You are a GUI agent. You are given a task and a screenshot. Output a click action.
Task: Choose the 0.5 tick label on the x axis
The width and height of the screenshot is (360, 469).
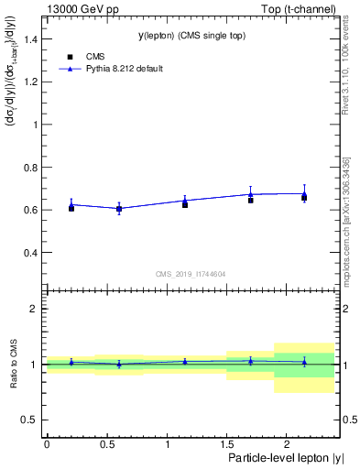[x=106, y=442]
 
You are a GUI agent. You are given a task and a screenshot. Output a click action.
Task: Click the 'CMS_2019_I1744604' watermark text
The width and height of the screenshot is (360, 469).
[x=190, y=273]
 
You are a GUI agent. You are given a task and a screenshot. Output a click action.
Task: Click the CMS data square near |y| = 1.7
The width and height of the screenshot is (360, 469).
[x=250, y=200]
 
